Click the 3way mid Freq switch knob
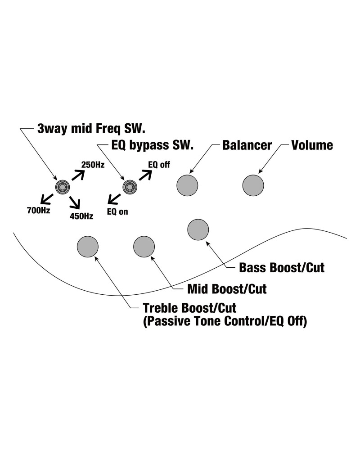click(x=62, y=186)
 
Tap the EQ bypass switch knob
click(x=130, y=186)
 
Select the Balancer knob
click(x=187, y=185)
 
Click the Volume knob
click(x=253, y=185)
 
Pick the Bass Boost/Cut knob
click(x=198, y=229)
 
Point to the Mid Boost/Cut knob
click(x=144, y=246)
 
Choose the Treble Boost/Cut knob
click(x=88, y=246)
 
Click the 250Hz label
click(x=93, y=165)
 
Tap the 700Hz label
click(x=39, y=210)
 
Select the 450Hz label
click(x=81, y=216)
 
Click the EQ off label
click(x=159, y=165)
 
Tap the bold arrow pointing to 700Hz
click(x=47, y=198)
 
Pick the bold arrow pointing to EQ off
click(x=144, y=174)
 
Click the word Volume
click(x=312, y=145)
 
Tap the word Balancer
click(x=247, y=145)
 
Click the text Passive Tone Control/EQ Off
click(x=225, y=322)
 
